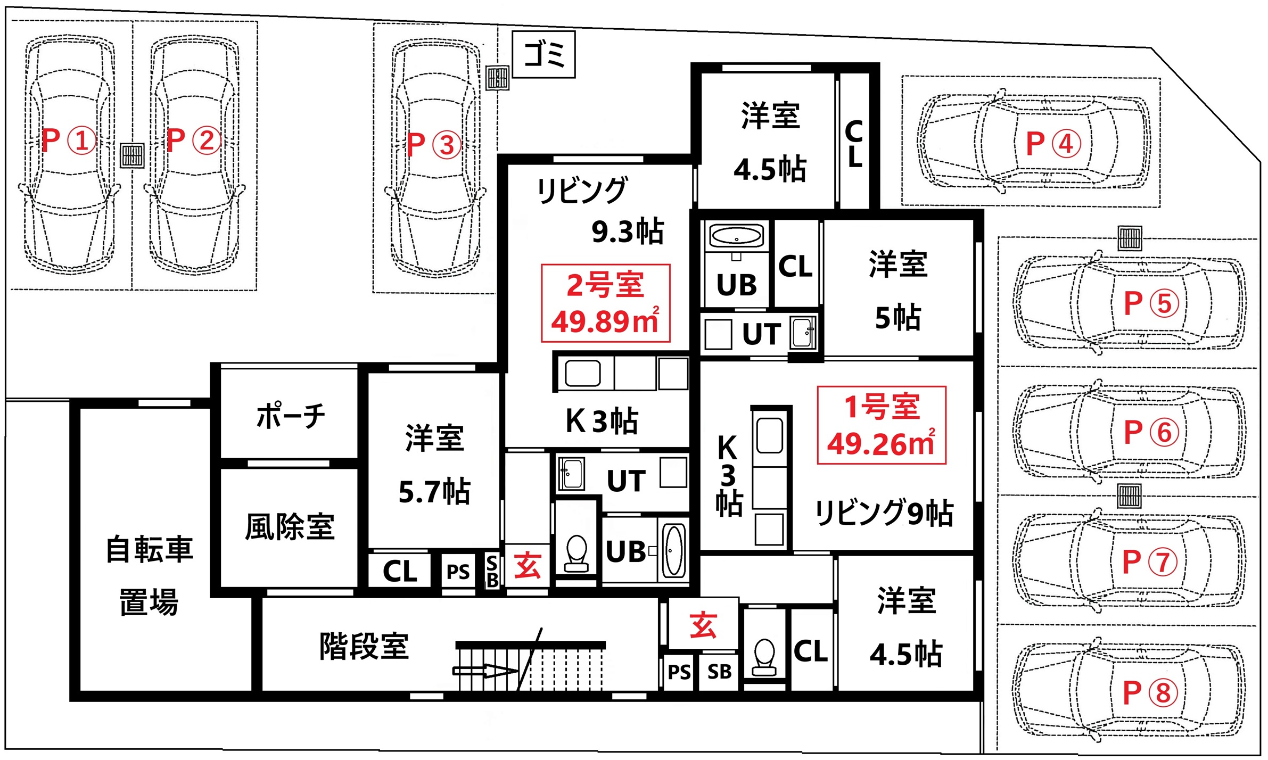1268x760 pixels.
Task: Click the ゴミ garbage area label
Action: tap(544, 55)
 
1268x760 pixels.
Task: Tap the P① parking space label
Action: tap(69, 141)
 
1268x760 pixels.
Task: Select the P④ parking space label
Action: tap(1053, 143)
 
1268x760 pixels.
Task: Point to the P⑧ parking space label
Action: tap(1150, 693)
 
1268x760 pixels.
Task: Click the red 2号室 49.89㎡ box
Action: tap(605, 303)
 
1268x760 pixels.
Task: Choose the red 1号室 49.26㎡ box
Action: tap(882, 425)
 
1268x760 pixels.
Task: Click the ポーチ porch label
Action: tap(291, 416)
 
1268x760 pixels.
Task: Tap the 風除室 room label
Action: tap(290, 527)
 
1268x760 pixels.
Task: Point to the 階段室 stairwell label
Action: tap(364, 646)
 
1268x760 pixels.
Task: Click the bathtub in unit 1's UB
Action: tap(737, 235)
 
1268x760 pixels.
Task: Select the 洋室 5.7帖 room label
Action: tap(434, 465)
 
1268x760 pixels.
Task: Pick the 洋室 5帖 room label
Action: tap(899, 291)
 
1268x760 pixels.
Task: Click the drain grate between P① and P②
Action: tap(132, 156)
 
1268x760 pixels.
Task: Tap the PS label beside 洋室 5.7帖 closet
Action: tap(458, 572)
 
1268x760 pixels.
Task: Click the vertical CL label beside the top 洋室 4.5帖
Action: tap(854, 144)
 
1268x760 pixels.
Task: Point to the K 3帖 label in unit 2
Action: tap(602, 421)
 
